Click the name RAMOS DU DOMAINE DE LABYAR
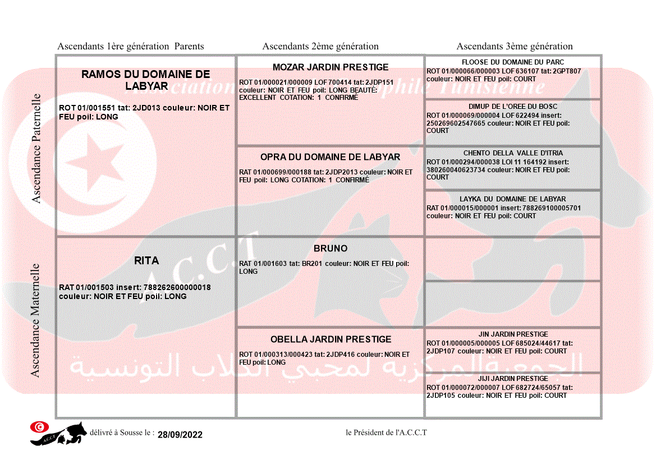(146, 80)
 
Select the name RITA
(146, 260)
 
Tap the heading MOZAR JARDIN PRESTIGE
(331, 67)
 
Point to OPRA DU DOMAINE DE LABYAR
(331, 157)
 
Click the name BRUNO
(331, 249)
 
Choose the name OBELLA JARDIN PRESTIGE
(331, 339)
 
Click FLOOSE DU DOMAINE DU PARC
(513, 62)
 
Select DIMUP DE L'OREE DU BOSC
(513, 107)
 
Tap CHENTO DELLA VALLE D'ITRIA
(513, 153)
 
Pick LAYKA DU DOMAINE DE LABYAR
(513, 199)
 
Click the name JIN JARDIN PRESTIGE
(513, 334)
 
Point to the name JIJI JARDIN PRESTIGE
(513, 379)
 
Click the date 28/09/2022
(180, 435)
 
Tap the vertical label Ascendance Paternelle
(36, 149)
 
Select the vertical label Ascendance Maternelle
(35, 320)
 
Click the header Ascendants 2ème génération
(320, 47)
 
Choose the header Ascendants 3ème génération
(515, 47)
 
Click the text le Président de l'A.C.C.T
(387, 433)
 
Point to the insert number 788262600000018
(177, 288)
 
